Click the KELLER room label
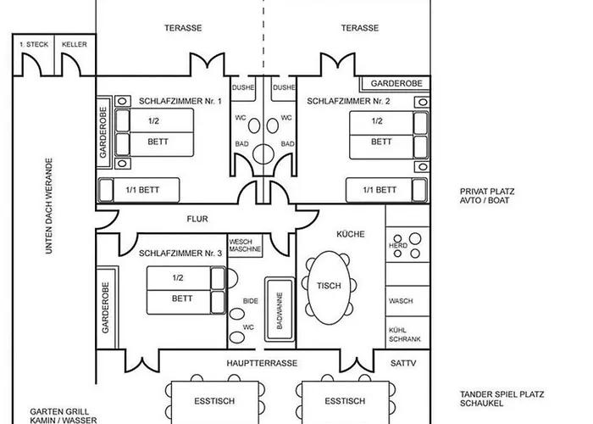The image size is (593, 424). pyautogui.click(x=75, y=43)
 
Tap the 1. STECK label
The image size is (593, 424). pyautogui.click(x=33, y=43)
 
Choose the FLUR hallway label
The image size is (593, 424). pyautogui.click(x=197, y=219)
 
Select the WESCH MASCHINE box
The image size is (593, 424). pyautogui.click(x=246, y=247)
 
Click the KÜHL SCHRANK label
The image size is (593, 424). pyautogui.click(x=400, y=335)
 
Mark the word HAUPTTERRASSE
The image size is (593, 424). pyautogui.click(x=261, y=362)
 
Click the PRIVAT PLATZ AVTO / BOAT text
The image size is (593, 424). pyautogui.click(x=487, y=197)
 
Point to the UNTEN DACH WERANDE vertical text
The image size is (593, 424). pyautogui.click(x=49, y=208)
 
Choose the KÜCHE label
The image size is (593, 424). pyautogui.click(x=349, y=233)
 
